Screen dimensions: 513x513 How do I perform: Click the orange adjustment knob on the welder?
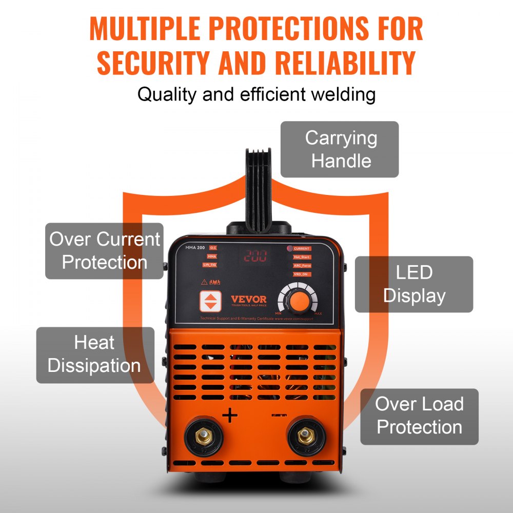(x=296, y=300)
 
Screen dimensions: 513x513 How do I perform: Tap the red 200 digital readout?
(x=255, y=256)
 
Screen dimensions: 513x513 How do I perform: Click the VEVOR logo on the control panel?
(x=248, y=300)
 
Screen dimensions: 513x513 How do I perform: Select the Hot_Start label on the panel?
(x=302, y=257)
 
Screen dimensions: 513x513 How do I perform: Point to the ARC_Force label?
(x=302, y=266)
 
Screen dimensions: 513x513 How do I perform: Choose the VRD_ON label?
(x=301, y=274)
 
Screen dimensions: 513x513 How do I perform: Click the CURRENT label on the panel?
(x=302, y=248)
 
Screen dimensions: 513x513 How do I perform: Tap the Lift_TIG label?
(x=209, y=265)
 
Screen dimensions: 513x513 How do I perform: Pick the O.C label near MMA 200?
(x=213, y=248)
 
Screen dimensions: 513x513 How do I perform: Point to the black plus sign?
(x=230, y=414)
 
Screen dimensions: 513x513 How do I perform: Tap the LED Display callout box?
(x=414, y=284)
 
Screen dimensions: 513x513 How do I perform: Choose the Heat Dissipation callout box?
(x=95, y=354)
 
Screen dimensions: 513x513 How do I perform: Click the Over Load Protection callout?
(x=419, y=416)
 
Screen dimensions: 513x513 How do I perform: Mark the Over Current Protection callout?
(x=104, y=251)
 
